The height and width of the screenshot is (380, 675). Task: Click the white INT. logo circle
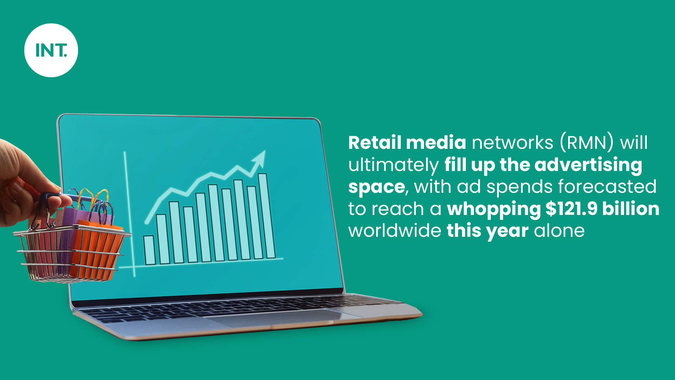coord(51,50)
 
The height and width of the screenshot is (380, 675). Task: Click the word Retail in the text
coord(375,142)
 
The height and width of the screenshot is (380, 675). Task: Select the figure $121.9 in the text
coord(571,209)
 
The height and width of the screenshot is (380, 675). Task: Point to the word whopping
coord(494,210)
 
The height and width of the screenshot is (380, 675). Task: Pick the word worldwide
coord(394,231)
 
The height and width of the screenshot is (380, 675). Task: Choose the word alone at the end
coord(559,231)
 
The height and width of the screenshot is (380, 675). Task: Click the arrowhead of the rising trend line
coord(259,158)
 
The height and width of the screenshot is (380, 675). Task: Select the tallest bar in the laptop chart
coord(266,216)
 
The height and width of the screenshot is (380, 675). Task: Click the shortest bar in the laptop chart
coord(149,250)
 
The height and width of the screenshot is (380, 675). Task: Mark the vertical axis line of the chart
coord(129,214)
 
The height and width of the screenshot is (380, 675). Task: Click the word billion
coord(631,209)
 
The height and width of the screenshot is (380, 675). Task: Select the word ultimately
coord(393,165)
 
